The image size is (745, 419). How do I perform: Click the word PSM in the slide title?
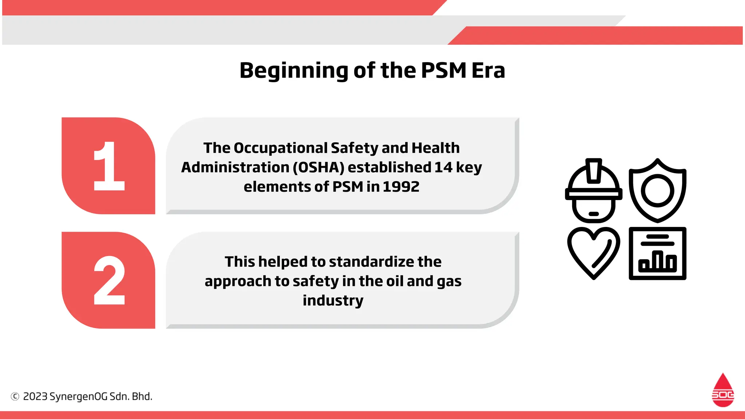[443, 70]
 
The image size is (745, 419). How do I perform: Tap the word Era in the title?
[488, 70]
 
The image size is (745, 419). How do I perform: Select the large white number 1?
[109, 166]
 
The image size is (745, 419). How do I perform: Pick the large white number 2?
[109, 280]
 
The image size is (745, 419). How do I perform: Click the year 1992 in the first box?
[401, 187]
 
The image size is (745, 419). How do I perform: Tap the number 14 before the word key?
[443, 167]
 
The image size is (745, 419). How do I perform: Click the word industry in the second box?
[333, 300]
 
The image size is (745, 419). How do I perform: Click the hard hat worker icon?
[593, 191]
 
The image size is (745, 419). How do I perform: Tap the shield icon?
[657, 191]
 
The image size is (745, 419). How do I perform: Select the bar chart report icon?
[657, 253]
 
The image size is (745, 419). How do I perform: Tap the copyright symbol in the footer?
[15, 396]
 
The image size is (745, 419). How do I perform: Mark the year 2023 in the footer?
[35, 396]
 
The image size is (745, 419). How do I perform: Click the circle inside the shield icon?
[657, 191]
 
